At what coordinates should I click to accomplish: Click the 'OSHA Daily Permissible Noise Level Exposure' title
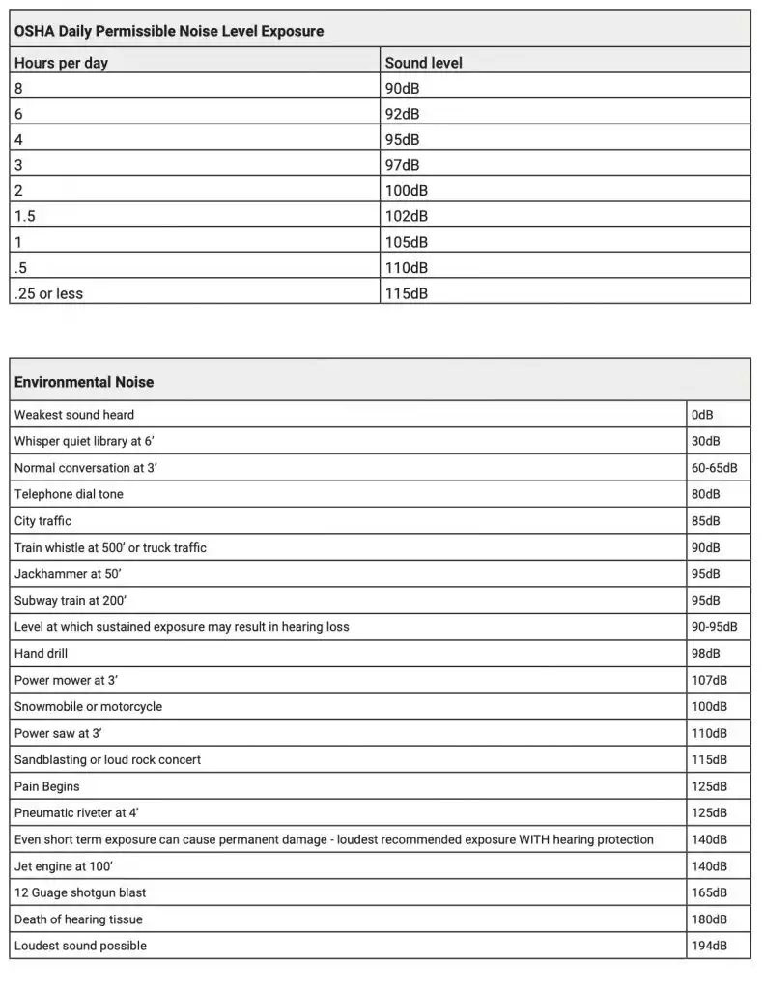(168, 31)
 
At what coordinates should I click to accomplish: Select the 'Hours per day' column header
(61, 63)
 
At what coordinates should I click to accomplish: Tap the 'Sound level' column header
(423, 63)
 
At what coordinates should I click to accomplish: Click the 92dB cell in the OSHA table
(402, 113)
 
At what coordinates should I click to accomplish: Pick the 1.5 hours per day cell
(25, 216)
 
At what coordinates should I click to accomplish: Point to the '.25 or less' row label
(48, 293)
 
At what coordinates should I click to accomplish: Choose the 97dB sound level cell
(402, 165)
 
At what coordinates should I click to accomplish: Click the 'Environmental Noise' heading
(83, 382)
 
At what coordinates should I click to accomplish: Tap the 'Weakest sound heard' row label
(74, 415)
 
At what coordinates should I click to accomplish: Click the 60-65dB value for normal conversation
(714, 468)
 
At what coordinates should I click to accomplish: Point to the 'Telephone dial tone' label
(69, 494)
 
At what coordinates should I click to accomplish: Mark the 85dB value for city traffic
(705, 521)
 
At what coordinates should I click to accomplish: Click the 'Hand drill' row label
(41, 653)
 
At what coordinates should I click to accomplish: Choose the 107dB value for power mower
(708, 680)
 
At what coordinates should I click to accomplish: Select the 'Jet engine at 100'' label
(66, 866)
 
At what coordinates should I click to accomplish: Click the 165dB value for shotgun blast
(708, 892)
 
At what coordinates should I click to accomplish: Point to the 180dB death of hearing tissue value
(708, 919)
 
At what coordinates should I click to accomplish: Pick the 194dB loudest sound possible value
(708, 946)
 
